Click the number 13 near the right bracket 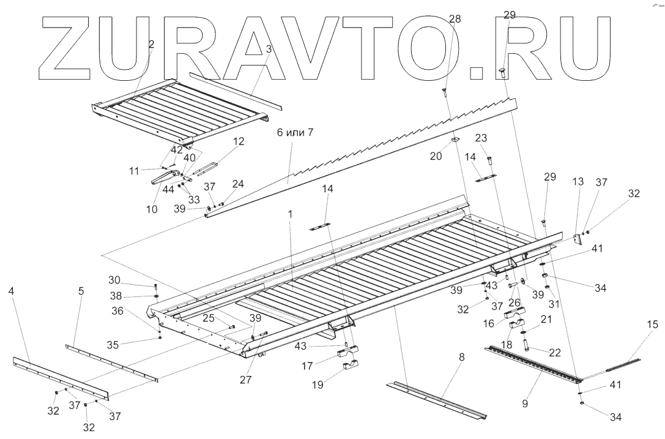coord(578,182)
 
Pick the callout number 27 coord(245,379)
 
